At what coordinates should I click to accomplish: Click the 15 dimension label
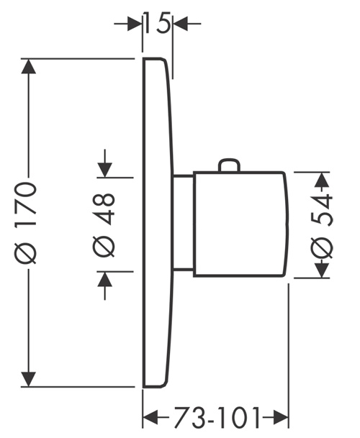pyautogui.click(x=157, y=23)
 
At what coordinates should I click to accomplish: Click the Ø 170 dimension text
pyautogui.click(x=26, y=223)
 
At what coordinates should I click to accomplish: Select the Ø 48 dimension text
pyautogui.click(x=104, y=224)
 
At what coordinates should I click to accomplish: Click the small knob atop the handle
pyautogui.click(x=230, y=165)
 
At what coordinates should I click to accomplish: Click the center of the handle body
pyautogui.click(x=240, y=224)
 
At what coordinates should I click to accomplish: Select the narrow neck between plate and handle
pyautogui.click(x=182, y=223)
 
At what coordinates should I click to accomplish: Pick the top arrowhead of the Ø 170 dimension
pyautogui.click(x=29, y=66)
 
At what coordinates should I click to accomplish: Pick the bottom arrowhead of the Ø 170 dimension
pyautogui.click(x=29, y=379)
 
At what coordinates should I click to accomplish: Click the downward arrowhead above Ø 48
pyautogui.click(x=105, y=170)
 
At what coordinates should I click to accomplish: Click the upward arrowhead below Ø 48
pyautogui.click(x=105, y=279)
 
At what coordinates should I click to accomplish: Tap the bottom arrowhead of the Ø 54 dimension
pyautogui.click(x=322, y=270)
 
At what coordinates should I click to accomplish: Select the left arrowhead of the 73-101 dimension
pyautogui.click(x=150, y=418)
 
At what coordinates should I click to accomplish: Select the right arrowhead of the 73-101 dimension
pyautogui.click(x=281, y=418)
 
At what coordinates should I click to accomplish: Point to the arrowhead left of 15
pyautogui.click(x=135, y=24)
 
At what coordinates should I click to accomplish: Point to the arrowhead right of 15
pyautogui.click(x=180, y=24)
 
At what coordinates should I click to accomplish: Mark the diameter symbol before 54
pyautogui.click(x=323, y=247)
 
